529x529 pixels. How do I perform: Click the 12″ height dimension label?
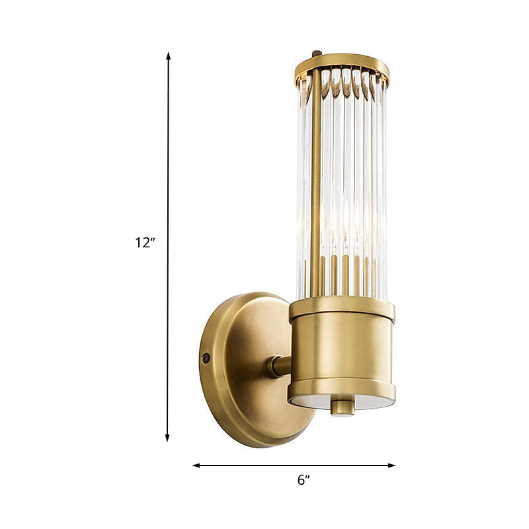coord(145,243)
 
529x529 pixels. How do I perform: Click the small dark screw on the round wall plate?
coord(206,358)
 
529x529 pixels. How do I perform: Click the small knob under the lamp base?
coord(343,406)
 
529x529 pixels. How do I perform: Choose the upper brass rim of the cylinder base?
coord(341,308)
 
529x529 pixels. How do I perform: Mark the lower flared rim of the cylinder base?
coord(341,390)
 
